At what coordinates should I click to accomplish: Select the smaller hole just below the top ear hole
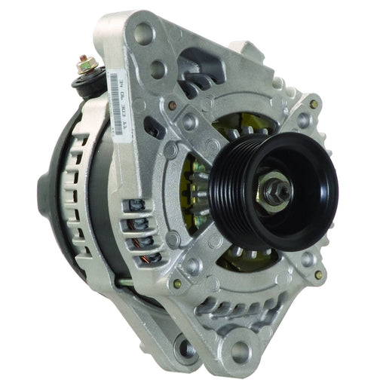(x=158, y=69)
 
